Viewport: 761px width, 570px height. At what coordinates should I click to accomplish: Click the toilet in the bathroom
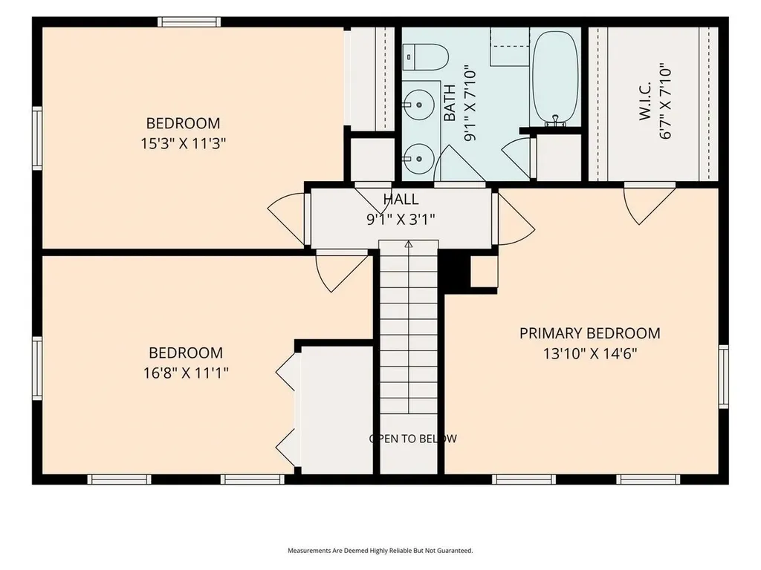pyautogui.click(x=426, y=58)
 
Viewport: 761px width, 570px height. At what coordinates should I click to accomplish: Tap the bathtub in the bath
pyautogui.click(x=556, y=77)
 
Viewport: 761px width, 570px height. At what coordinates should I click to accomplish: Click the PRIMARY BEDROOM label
pyautogui.click(x=589, y=333)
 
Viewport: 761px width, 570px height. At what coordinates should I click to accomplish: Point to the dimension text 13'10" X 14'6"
pyautogui.click(x=589, y=354)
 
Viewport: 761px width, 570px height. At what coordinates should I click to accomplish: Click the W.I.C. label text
pyautogui.click(x=645, y=101)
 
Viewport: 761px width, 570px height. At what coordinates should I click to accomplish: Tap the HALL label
pyautogui.click(x=401, y=199)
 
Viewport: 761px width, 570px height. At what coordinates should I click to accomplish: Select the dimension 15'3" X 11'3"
pyautogui.click(x=184, y=144)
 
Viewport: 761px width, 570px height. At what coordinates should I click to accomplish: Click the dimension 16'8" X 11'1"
pyautogui.click(x=186, y=373)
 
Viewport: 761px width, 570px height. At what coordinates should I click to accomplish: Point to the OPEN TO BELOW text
pyautogui.click(x=413, y=439)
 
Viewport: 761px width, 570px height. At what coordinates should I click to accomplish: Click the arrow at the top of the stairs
pyautogui.click(x=409, y=245)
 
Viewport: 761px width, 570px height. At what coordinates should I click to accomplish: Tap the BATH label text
pyautogui.click(x=450, y=103)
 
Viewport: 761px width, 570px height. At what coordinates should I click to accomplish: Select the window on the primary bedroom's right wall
pyautogui.click(x=724, y=376)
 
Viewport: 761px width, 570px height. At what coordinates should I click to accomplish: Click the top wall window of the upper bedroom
pyautogui.click(x=189, y=22)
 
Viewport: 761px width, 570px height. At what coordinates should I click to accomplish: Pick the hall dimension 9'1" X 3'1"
pyautogui.click(x=401, y=220)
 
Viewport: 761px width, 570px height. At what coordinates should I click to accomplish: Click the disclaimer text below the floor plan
pyautogui.click(x=380, y=551)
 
